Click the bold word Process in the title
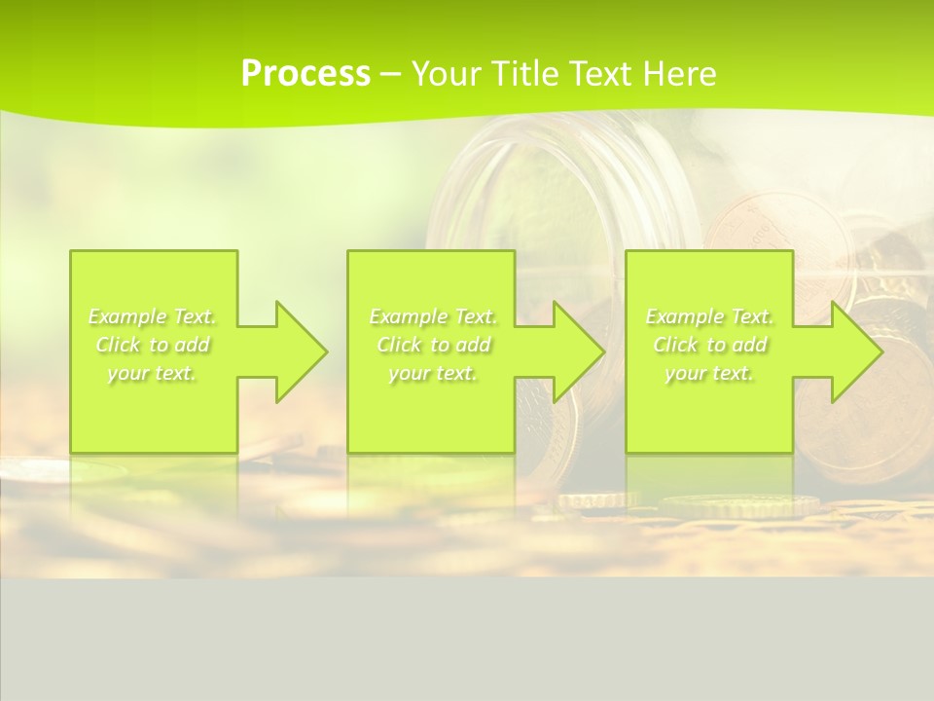[305, 73]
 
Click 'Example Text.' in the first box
[152, 316]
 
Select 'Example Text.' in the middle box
[433, 316]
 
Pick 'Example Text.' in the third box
[709, 316]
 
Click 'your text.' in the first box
[152, 373]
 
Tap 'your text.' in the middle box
[433, 373]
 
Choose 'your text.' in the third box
[709, 373]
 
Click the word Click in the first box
[119, 345]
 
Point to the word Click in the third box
[676, 345]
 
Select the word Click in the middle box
[400, 345]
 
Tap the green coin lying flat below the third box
[739, 504]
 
